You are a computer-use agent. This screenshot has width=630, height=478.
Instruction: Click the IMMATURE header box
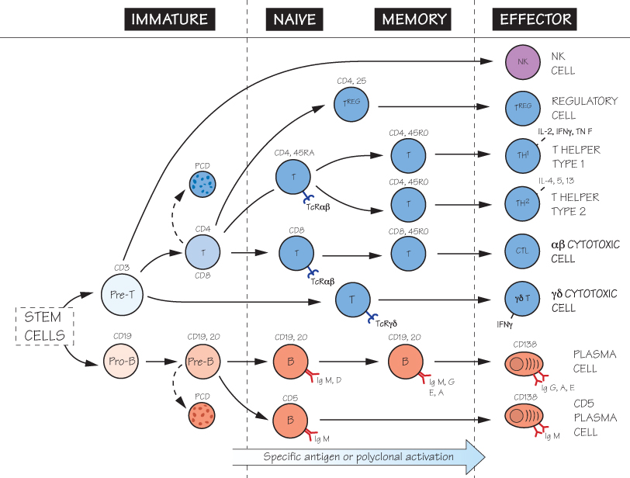click(169, 19)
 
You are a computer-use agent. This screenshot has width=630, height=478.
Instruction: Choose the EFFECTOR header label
click(535, 19)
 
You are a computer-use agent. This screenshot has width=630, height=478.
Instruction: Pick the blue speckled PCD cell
click(202, 183)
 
